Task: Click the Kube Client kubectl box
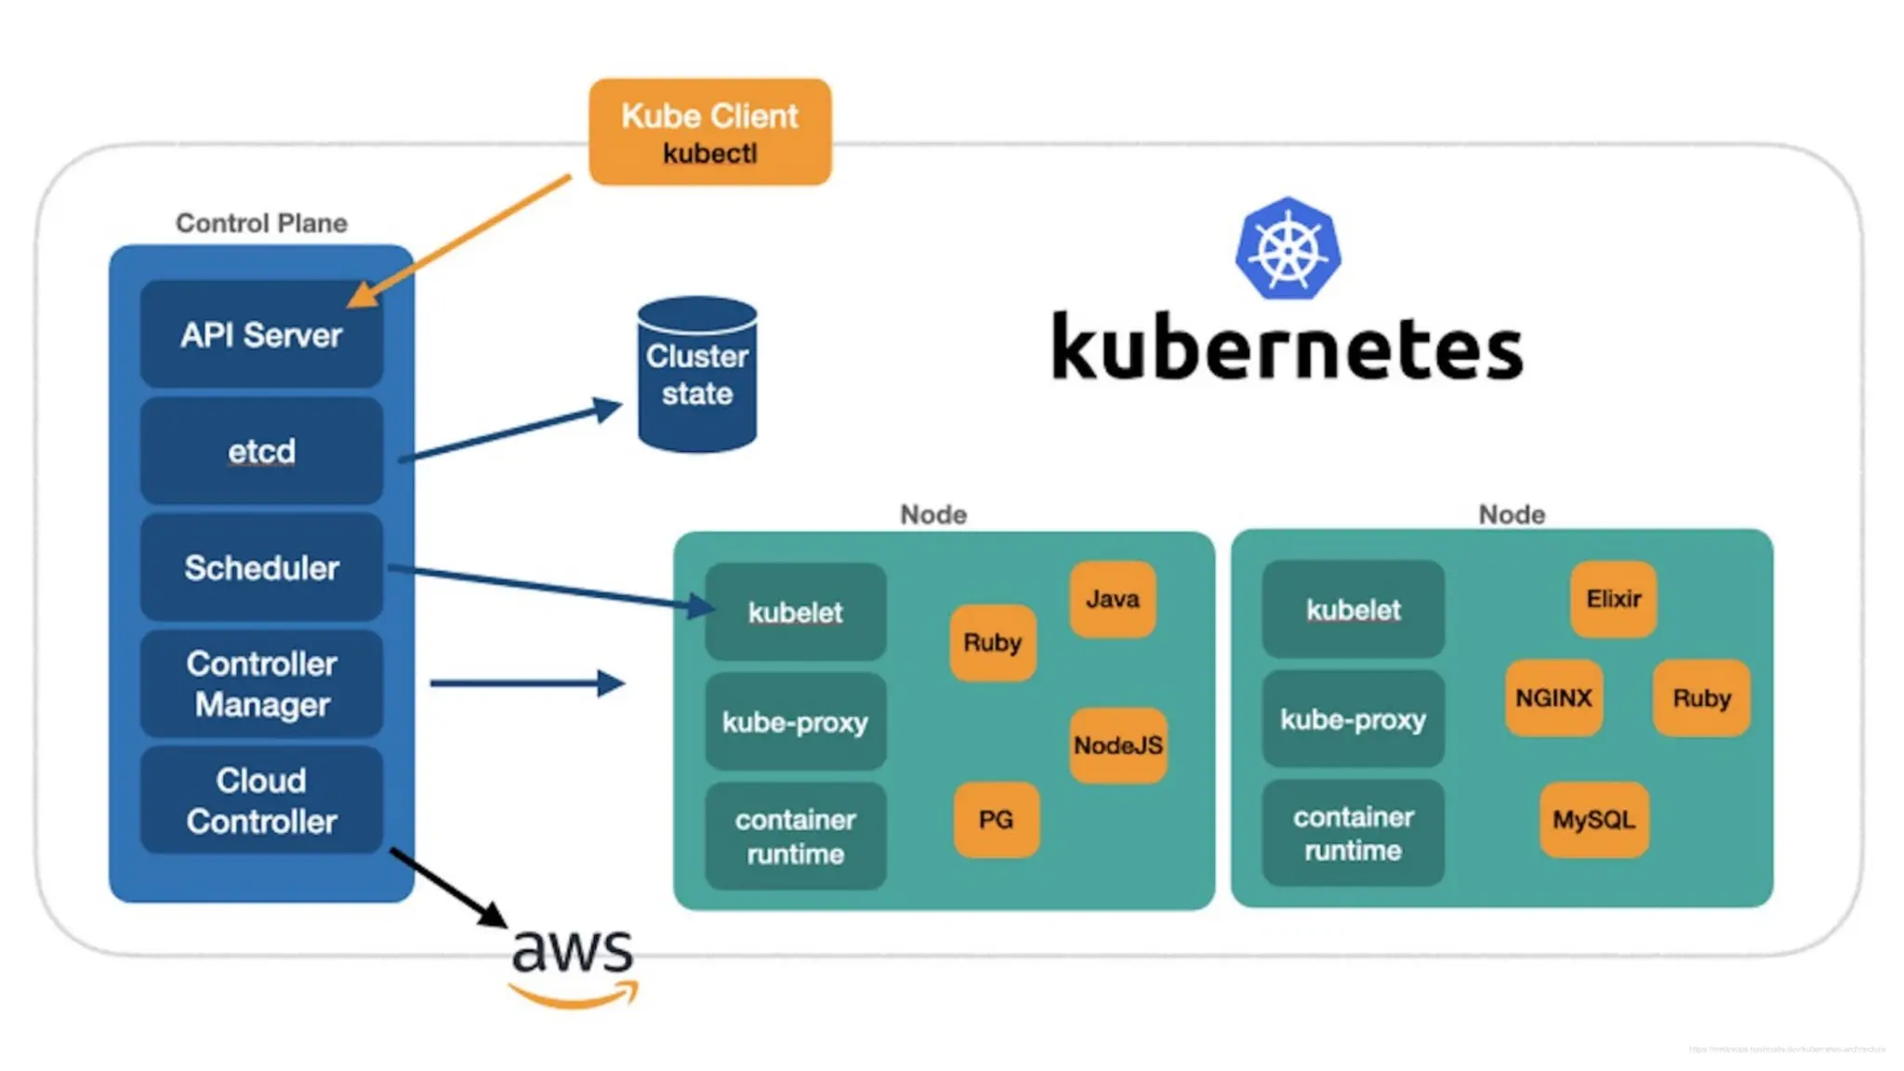[x=709, y=132]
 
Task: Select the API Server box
[x=261, y=335]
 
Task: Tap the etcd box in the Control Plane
[x=261, y=451]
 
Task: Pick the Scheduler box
[x=261, y=567]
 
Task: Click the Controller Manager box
[x=261, y=683]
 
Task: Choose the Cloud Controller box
[x=261, y=800]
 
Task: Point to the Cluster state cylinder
[x=697, y=376]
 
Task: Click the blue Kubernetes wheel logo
[x=1288, y=249]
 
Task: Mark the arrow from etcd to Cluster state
[x=511, y=431]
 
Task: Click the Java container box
[x=1112, y=599]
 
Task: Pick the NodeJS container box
[x=1117, y=745]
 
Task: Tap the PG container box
[x=996, y=819]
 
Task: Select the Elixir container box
[x=1613, y=599]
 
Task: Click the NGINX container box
[x=1554, y=697]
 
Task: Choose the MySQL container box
[x=1593, y=819]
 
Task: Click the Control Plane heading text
[x=261, y=223]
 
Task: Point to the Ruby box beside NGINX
[x=1701, y=697]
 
